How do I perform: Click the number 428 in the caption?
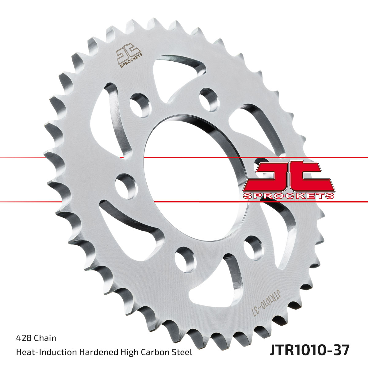(x=24, y=338)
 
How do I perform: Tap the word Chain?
(x=45, y=338)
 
